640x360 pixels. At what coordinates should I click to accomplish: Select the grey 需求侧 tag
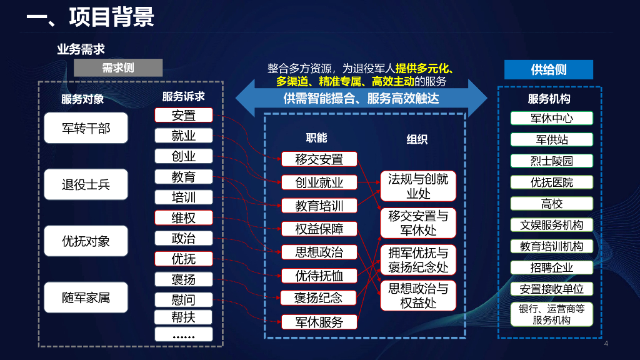click(x=118, y=68)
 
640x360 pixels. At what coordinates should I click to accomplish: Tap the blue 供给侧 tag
click(x=548, y=69)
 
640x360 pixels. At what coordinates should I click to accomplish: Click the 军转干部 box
click(x=86, y=128)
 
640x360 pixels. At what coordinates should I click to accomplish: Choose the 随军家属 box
click(x=86, y=297)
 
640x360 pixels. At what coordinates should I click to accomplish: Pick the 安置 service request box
click(x=184, y=115)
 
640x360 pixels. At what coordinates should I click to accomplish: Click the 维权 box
click(x=184, y=217)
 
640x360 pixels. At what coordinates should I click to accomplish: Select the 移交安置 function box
click(x=319, y=159)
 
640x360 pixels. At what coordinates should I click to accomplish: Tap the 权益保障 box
click(x=319, y=229)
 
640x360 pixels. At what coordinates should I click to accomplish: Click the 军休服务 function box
click(x=319, y=322)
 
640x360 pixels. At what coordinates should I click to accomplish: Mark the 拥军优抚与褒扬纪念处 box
click(x=418, y=260)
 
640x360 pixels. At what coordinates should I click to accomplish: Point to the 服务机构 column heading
click(x=549, y=99)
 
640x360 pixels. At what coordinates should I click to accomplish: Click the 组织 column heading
click(x=417, y=139)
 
